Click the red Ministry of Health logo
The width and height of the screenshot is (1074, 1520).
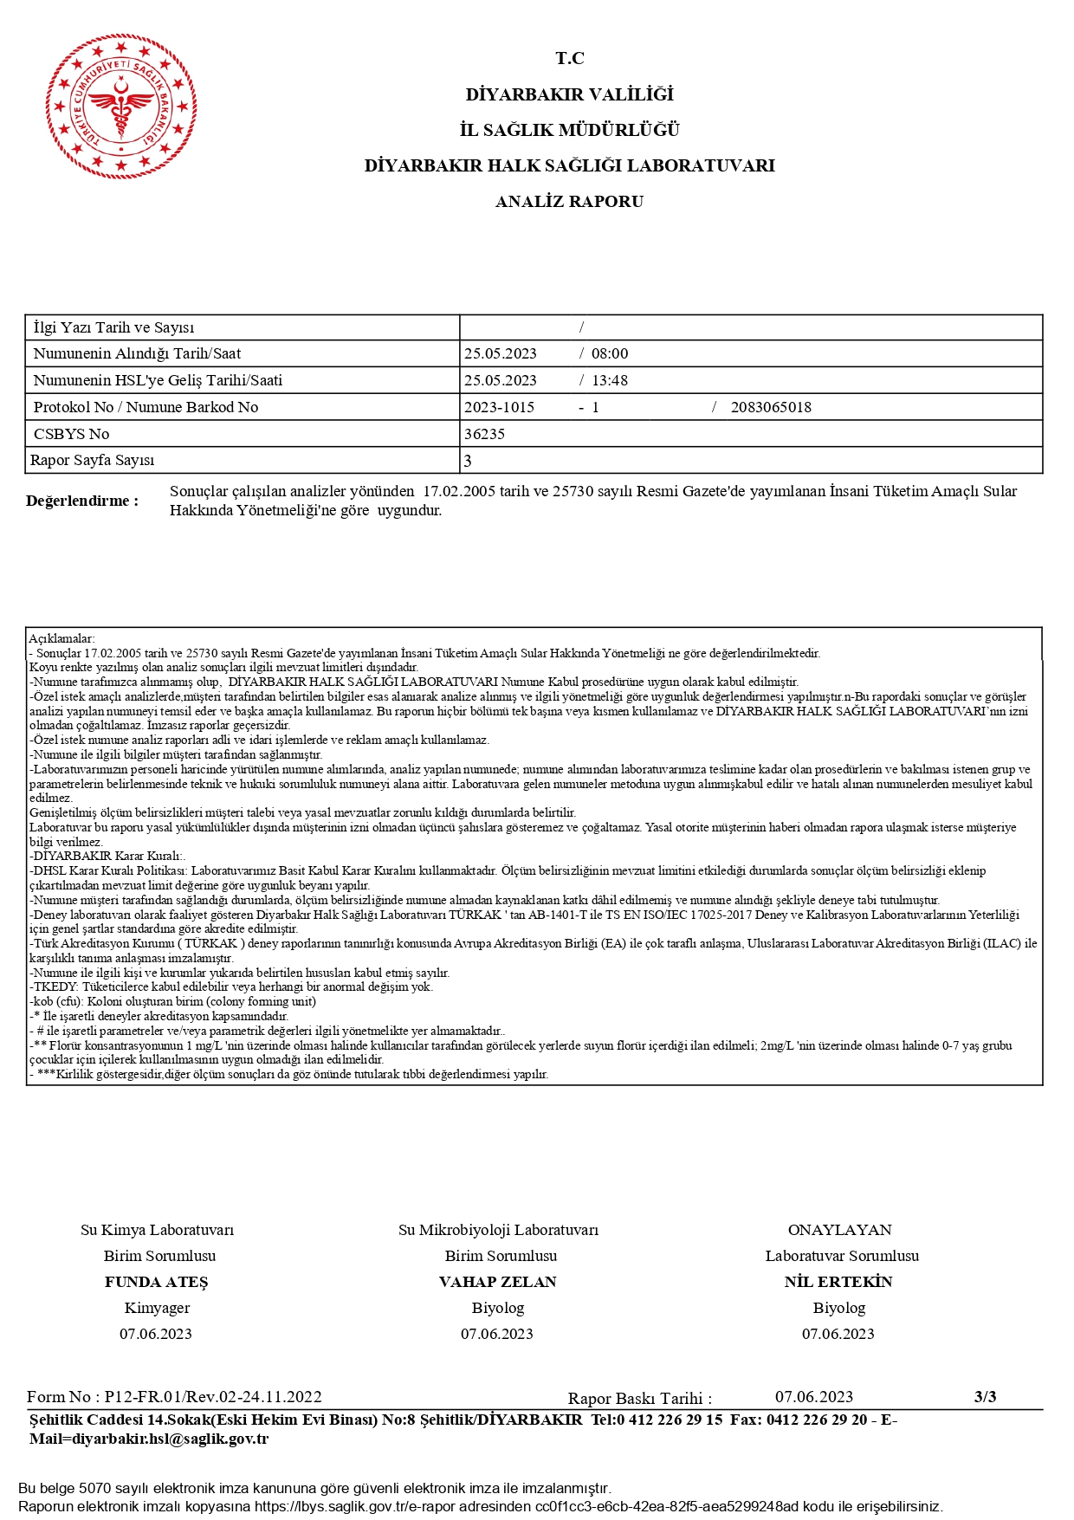[x=121, y=107]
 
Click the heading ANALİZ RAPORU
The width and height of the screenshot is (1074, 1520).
[x=569, y=202]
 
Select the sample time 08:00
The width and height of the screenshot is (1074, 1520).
[x=610, y=353]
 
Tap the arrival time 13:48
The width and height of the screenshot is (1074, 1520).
[x=610, y=380]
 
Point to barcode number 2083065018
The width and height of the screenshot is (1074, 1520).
[x=771, y=407]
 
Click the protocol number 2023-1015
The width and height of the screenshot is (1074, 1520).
[x=499, y=407]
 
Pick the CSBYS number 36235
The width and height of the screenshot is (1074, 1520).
[x=484, y=434]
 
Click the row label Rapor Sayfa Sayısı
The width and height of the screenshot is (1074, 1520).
[x=93, y=460]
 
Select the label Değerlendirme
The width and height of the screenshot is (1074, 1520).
[x=82, y=501]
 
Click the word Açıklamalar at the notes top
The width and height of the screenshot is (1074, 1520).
[x=61, y=638]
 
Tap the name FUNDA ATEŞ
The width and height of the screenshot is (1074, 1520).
[x=157, y=1282]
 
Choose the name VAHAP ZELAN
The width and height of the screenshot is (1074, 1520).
[x=498, y=1282]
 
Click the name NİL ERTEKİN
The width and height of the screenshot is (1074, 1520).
[x=838, y=1282]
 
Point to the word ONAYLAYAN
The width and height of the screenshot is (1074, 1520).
[x=839, y=1230]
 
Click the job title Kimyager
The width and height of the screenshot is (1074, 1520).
[x=157, y=1308]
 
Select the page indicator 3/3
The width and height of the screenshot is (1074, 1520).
[x=985, y=1396]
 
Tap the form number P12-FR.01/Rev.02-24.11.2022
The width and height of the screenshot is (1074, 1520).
[x=213, y=1396]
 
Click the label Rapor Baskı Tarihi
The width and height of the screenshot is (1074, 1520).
[x=639, y=1398]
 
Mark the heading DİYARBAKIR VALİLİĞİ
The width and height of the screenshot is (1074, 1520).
[x=569, y=94]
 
